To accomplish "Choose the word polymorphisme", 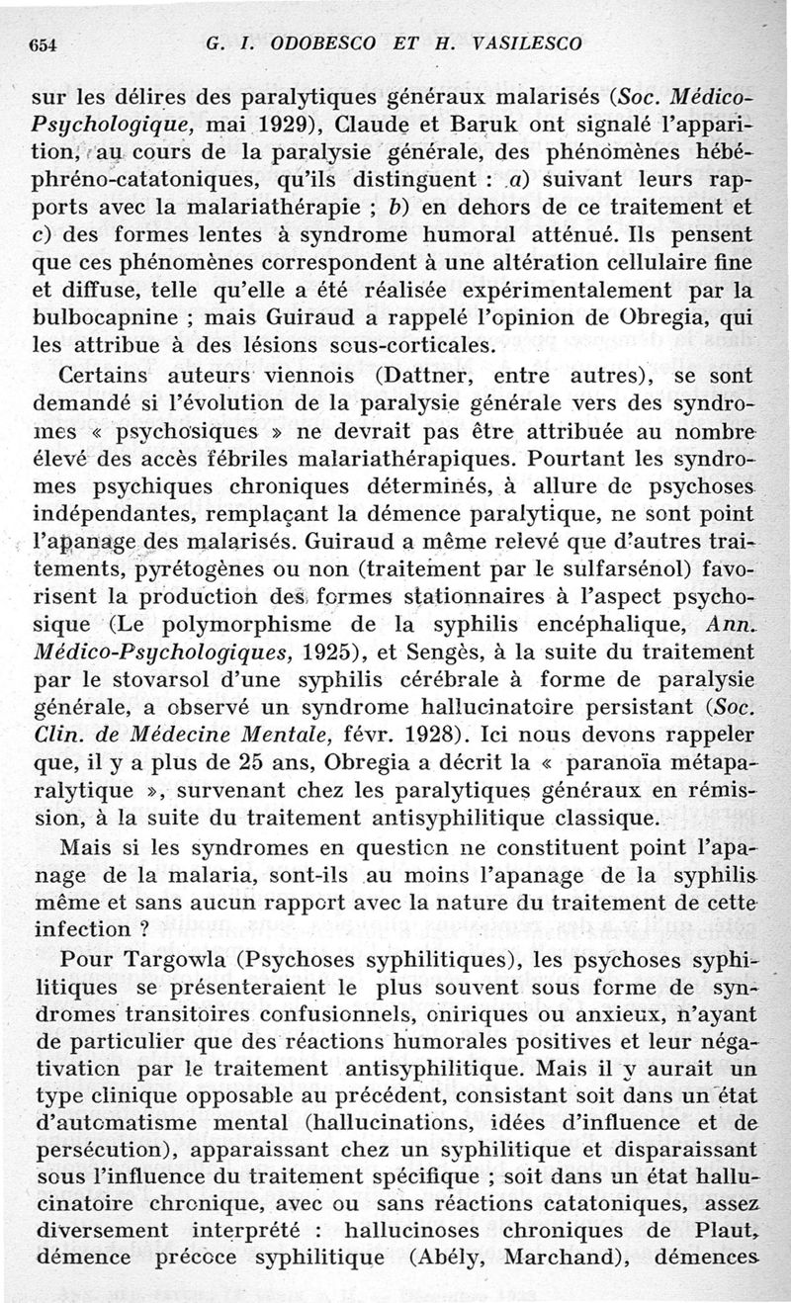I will click(x=266, y=625).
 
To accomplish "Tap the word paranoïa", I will click(x=618, y=762).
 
